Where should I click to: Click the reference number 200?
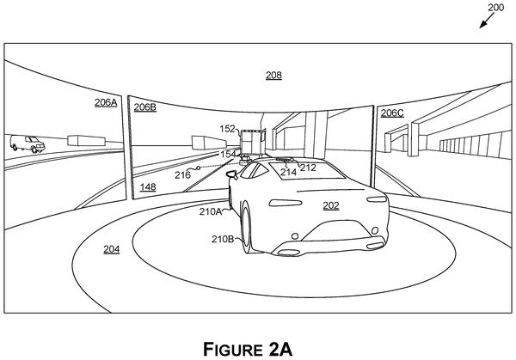pos(495,7)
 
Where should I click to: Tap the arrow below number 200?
pos(487,21)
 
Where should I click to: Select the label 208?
pos(273,76)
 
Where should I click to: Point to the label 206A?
pos(106,102)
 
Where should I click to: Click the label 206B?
pos(144,107)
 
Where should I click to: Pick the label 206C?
pos(392,113)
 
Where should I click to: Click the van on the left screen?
pos(27,143)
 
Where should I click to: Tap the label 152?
pos(228,129)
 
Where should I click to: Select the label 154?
pos(228,154)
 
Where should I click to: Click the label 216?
pos(182,174)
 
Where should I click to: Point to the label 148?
pos(148,187)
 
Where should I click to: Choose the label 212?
pos(308,168)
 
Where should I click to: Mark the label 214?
pos(288,172)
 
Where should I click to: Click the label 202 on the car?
pos(331,205)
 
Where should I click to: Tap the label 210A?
pos(211,211)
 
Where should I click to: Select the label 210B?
pos(223,239)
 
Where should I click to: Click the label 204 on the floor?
pos(112,249)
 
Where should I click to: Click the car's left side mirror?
pos(232,174)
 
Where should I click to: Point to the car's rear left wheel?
pos(246,227)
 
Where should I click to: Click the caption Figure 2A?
pos(248,349)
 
